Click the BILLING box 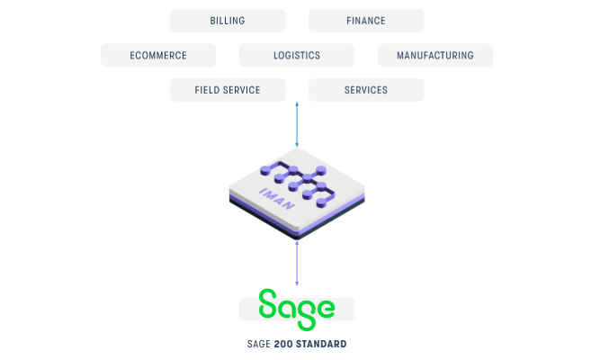point(228,21)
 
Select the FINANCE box point(366,21)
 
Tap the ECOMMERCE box point(158,55)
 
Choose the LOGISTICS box point(297,55)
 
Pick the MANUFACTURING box point(435,55)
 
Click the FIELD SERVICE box point(228,90)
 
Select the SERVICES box point(366,90)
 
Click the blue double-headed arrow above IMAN point(297,124)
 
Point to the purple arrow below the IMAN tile point(297,263)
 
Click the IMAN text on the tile point(277,199)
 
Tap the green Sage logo point(297,310)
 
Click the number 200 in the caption point(283,344)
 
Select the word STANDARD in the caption point(321,344)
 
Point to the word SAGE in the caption point(259,344)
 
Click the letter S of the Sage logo point(267,303)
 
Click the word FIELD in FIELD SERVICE point(207,90)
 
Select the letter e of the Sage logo point(326,309)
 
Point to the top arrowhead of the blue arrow point(297,103)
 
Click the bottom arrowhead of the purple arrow point(297,283)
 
